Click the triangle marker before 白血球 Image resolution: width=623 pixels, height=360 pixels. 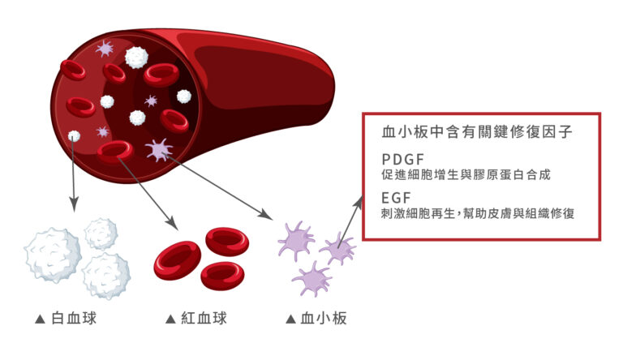(40, 319)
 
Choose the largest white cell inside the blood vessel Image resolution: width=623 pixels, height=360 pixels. (136, 57)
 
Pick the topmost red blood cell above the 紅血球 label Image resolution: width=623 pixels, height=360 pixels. (227, 240)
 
